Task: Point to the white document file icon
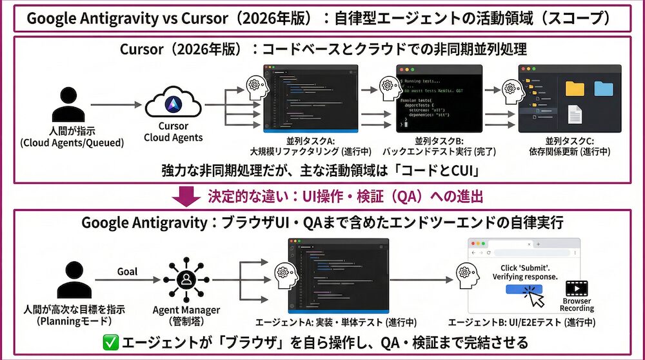(575, 115)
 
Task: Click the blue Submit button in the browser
(524, 290)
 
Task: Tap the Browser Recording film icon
(576, 288)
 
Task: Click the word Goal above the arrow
(127, 272)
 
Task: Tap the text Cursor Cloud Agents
(173, 132)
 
